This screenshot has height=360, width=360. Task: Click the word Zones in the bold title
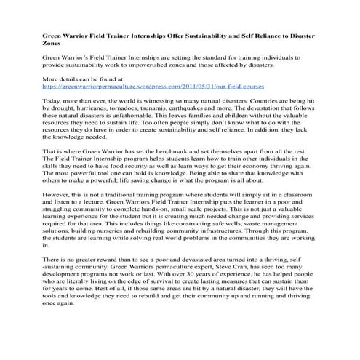pyautogui.click(x=52, y=44)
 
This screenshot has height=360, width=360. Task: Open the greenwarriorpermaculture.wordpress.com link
pyautogui.click(x=153, y=85)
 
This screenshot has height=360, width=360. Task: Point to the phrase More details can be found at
pyautogui.click(x=82, y=77)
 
